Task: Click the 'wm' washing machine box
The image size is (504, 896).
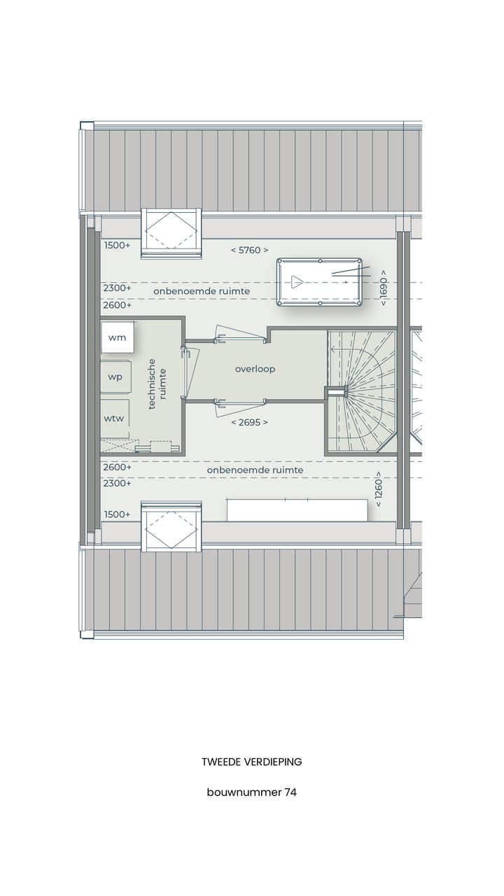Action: click(117, 338)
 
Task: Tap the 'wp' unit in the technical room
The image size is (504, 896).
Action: click(115, 377)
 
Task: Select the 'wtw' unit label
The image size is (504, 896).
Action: click(115, 418)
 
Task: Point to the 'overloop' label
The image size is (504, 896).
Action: click(255, 369)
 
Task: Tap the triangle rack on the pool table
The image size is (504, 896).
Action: click(297, 282)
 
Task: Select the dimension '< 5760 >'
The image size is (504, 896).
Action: click(250, 250)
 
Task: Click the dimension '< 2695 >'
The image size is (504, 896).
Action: click(250, 422)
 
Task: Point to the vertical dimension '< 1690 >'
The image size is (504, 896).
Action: click(383, 287)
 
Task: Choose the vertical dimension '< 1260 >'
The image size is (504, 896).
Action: click(378, 492)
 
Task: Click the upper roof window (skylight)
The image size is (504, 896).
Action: click(171, 233)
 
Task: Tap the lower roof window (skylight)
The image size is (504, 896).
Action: click(171, 526)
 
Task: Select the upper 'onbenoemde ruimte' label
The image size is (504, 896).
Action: click(202, 291)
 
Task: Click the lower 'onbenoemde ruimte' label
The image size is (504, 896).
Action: click(255, 470)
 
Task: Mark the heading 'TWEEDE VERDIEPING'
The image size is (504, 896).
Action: click(251, 762)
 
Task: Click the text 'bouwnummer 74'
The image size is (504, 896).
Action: click(251, 792)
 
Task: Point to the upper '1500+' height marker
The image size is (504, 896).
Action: click(117, 246)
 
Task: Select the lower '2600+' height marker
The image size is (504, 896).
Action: click(117, 467)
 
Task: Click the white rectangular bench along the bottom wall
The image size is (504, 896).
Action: click(297, 510)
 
